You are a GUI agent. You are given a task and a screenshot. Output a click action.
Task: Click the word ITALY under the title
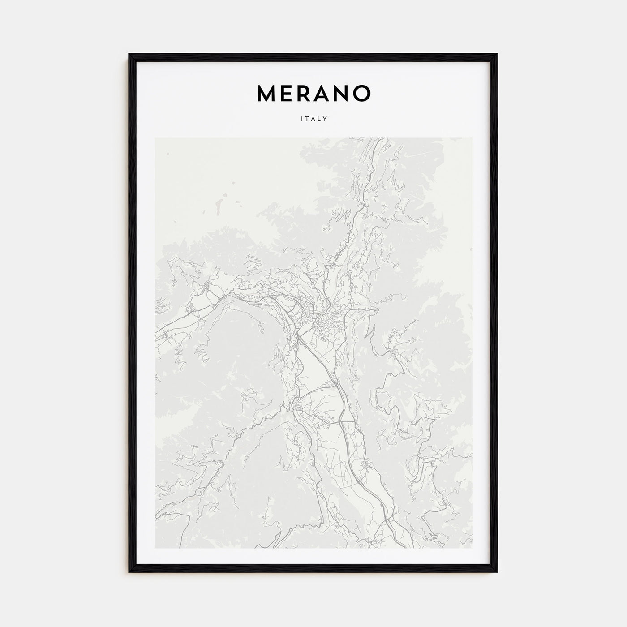pyautogui.click(x=313, y=119)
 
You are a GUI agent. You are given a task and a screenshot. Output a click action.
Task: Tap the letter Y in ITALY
pyautogui.click(x=326, y=119)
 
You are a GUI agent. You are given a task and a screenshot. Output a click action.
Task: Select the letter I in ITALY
pyautogui.click(x=301, y=119)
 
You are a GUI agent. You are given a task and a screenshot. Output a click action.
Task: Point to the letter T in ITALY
pyautogui.click(x=307, y=119)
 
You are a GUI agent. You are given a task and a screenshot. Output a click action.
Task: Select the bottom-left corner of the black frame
pyautogui.click(x=130, y=573)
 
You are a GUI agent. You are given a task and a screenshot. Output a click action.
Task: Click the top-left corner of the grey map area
pyautogui.click(x=155, y=138)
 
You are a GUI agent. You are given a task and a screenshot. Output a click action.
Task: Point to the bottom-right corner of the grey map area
pyautogui.click(x=472, y=548)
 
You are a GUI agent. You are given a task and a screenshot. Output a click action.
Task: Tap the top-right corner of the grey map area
pyautogui.click(x=472, y=138)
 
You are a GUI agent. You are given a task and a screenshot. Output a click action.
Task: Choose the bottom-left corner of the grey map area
pyautogui.click(x=155, y=548)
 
